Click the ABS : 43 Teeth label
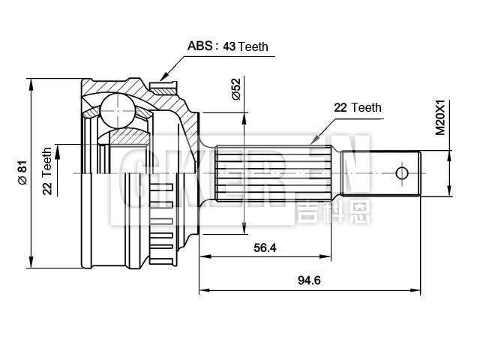227,46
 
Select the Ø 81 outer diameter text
22,172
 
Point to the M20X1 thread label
440,118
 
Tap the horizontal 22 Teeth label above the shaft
357,107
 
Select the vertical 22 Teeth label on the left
47,171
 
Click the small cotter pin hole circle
401,173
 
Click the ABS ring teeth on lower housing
161,217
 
